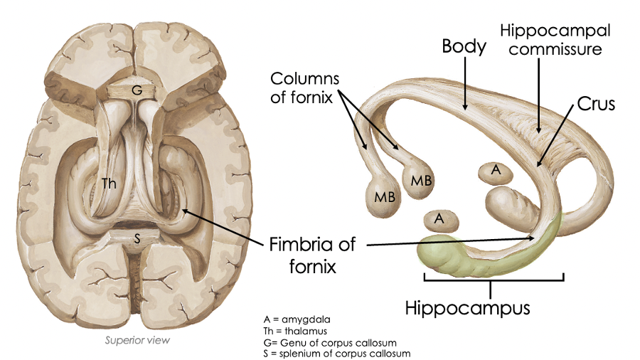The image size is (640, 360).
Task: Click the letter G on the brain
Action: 136,90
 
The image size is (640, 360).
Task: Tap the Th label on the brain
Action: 110,183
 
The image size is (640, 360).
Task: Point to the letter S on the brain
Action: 137,239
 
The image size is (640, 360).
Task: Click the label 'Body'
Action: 464,47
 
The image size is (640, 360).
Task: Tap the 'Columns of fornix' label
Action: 304,87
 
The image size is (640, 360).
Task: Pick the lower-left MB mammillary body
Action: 385,196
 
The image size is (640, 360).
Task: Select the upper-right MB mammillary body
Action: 421,179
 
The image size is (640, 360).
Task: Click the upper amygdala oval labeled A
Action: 496,170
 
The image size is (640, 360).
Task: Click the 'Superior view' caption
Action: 137,340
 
